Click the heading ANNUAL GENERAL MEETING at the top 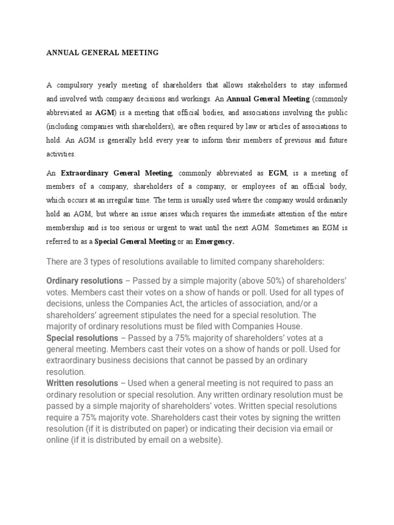tap(103, 52)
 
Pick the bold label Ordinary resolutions tap(85, 281)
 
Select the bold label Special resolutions tap(82, 338)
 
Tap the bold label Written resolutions tap(82, 383)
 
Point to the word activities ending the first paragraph tap(61, 154)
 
